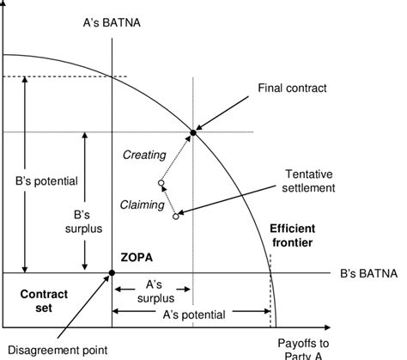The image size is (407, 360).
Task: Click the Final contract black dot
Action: [x=193, y=132]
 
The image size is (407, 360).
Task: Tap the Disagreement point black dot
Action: [x=112, y=274]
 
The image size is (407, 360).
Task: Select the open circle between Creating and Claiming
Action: [x=161, y=183]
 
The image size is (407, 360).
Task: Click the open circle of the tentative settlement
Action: [x=175, y=217]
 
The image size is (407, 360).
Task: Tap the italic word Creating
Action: [x=144, y=155]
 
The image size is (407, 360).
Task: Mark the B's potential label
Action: [x=47, y=182]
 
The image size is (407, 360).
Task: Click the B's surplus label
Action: [x=84, y=222]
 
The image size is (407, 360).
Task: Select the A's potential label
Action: [x=193, y=314]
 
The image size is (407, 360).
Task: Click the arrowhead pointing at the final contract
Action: [x=199, y=128]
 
